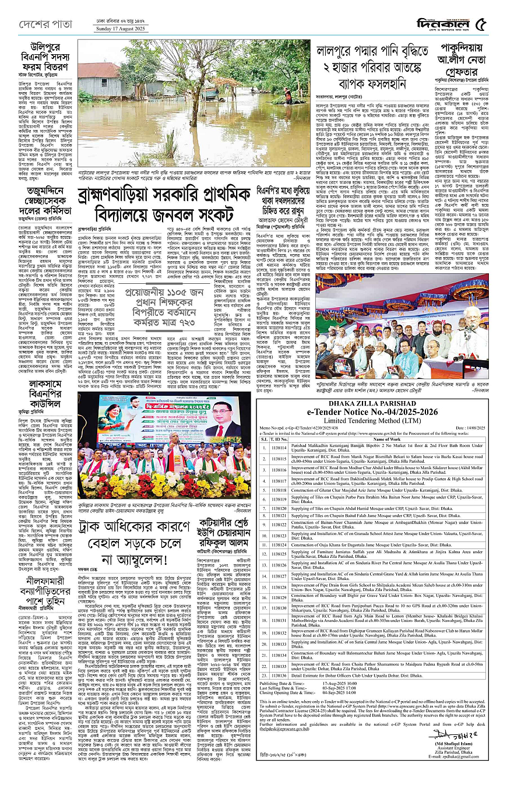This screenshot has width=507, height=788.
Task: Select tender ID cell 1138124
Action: click(280, 560)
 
